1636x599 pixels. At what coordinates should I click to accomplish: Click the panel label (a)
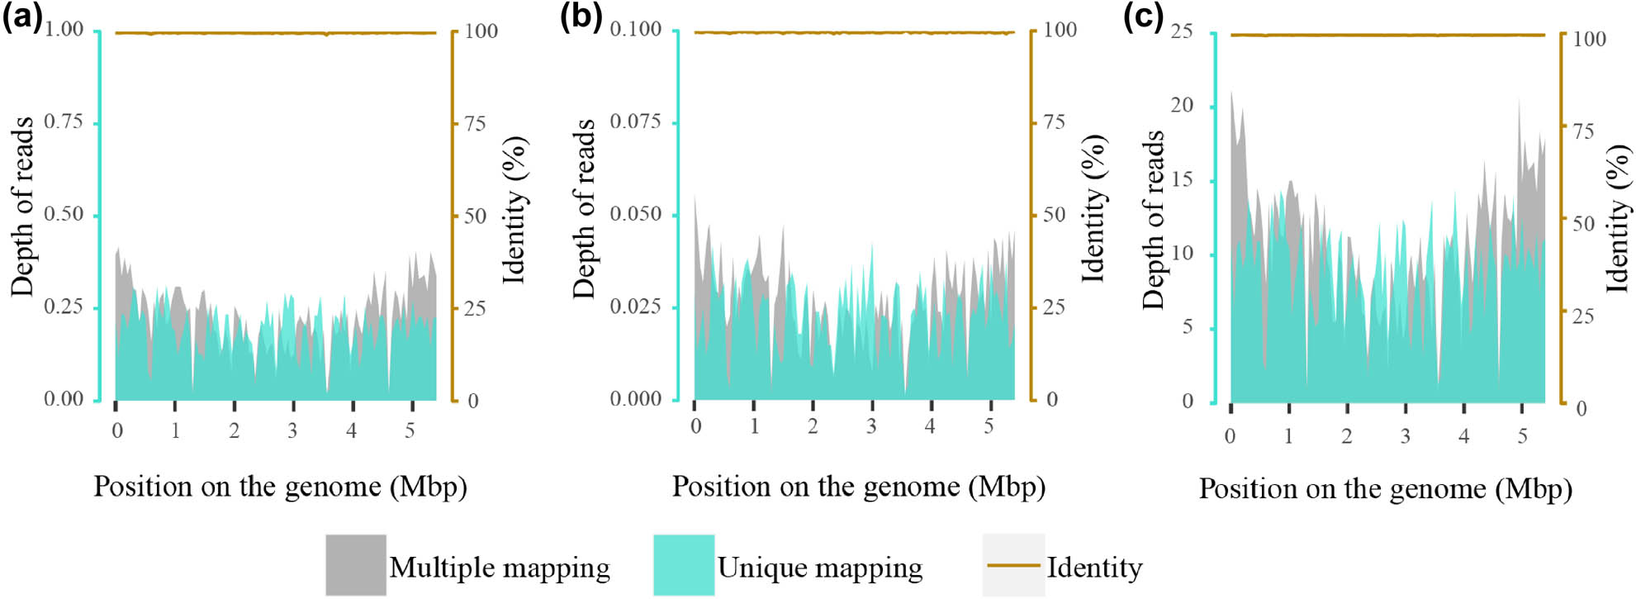click(x=21, y=17)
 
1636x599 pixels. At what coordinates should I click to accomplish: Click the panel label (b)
click(x=581, y=17)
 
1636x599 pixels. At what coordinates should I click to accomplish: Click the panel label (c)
click(x=1144, y=17)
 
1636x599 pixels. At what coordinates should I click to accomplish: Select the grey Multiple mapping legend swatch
click(x=355, y=565)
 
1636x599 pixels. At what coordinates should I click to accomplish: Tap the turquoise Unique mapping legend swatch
click(x=684, y=565)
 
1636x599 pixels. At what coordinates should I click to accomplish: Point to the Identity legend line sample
click(x=1013, y=565)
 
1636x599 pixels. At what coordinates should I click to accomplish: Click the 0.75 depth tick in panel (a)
click(x=64, y=122)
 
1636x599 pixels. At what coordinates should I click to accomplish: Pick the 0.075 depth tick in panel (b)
click(x=635, y=122)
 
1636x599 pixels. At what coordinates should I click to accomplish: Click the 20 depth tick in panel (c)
click(x=1182, y=106)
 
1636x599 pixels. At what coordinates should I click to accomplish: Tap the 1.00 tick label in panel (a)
click(x=64, y=30)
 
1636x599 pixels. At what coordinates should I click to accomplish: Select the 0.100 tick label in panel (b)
click(x=635, y=30)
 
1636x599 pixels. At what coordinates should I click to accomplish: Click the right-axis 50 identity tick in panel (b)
click(x=1054, y=215)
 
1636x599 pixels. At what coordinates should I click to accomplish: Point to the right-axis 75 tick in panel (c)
click(x=1582, y=131)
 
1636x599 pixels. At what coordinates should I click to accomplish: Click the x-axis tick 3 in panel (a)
click(x=292, y=430)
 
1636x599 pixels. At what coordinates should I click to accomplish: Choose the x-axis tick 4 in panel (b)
click(x=930, y=426)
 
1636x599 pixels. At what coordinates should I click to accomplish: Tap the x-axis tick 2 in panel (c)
click(x=1346, y=436)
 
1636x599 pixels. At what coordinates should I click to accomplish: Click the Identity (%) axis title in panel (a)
click(x=515, y=211)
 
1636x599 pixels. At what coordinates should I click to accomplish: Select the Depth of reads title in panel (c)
click(x=1153, y=219)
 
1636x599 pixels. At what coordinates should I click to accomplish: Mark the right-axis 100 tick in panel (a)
click(x=481, y=31)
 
